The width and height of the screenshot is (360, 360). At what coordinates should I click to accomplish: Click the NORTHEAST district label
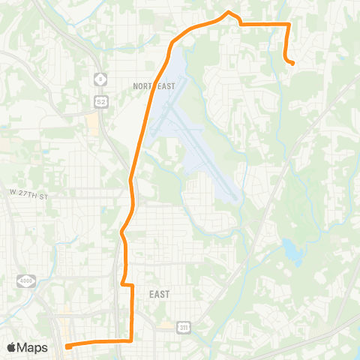tap(154, 86)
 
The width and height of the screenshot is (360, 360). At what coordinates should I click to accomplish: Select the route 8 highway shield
tap(100, 78)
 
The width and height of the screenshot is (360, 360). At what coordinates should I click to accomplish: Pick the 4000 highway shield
tap(25, 281)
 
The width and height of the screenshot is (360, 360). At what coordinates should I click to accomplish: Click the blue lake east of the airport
tap(292, 250)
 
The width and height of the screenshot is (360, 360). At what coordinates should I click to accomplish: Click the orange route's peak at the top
tap(229, 12)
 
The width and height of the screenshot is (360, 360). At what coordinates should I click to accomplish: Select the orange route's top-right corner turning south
tap(289, 25)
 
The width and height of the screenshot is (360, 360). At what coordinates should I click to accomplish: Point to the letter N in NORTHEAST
tap(136, 86)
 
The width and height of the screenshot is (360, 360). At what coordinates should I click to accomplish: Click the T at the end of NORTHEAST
tap(173, 86)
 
